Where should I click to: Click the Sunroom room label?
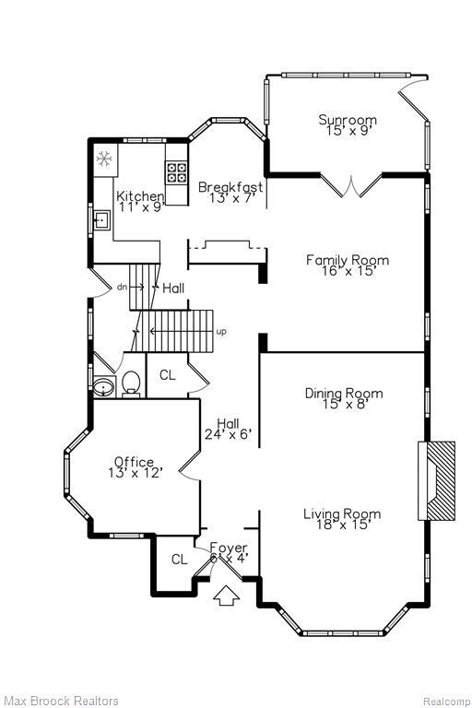[x=348, y=120]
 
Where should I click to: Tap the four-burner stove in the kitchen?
[x=176, y=172]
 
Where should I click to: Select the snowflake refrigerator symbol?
[x=104, y=159]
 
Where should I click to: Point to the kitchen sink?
[x=101, y=220]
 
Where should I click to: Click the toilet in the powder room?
[x=131, y=383]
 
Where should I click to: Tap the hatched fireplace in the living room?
[x=436, y=481]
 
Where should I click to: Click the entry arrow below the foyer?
[x=226, y=596]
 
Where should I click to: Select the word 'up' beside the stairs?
[x=221, y=332]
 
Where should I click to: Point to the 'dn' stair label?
[x=122, y=287]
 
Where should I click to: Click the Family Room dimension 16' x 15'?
[x=348, y=271]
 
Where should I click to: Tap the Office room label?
[x=134, y=462]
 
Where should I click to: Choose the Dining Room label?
[x=344, y=394]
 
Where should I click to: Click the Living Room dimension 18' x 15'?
[x=343, y=525]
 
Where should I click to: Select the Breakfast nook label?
[x=230, y=186]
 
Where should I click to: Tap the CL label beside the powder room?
[x=168, y=375]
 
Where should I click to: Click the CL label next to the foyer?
[x=179, y=560]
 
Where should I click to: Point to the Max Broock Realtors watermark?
[x=62, y=701]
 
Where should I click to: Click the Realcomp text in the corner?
[x=445, y=702]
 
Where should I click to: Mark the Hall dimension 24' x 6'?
[x=228, y=434]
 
